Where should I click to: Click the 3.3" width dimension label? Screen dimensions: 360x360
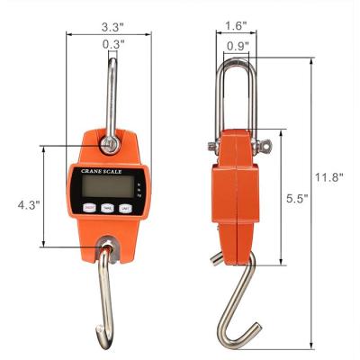(x=112, y=27)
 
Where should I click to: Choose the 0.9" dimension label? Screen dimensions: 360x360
(x=238, y=45)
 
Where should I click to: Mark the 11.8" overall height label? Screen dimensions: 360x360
(x=331, y=177)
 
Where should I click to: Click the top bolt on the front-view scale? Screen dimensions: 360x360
(x=110, y=143)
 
